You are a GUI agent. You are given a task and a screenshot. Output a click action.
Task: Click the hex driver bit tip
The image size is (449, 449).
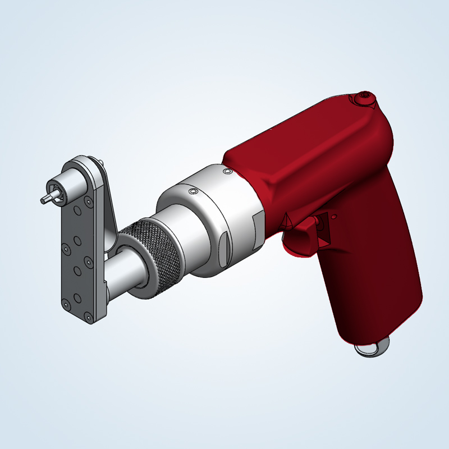coord(45,199)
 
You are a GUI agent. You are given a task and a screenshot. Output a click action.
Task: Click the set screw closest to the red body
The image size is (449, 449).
coord(227,171)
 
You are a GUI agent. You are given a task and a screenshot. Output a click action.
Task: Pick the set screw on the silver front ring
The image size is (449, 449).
coord(193,192)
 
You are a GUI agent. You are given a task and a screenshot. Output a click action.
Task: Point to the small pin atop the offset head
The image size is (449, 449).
coord(102,162)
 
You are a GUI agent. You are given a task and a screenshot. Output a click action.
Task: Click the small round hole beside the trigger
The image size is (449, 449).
coord(334,214)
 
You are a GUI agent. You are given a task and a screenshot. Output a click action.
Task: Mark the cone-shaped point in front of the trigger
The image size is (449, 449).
coord(287,221)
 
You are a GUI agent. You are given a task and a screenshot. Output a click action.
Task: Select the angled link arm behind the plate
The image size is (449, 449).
coord(110,208)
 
